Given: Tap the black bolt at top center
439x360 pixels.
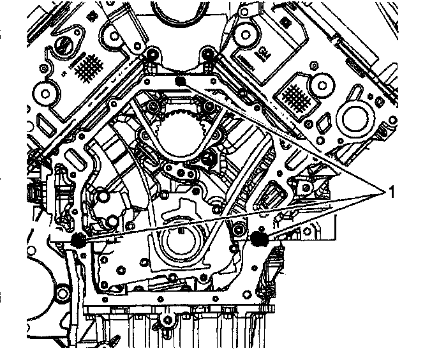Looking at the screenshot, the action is point(181,81).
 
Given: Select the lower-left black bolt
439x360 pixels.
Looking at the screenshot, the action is point(78,240).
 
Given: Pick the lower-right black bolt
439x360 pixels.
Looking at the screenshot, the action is point(259,239).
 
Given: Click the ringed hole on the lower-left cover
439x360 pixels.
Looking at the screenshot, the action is point(62,295).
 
